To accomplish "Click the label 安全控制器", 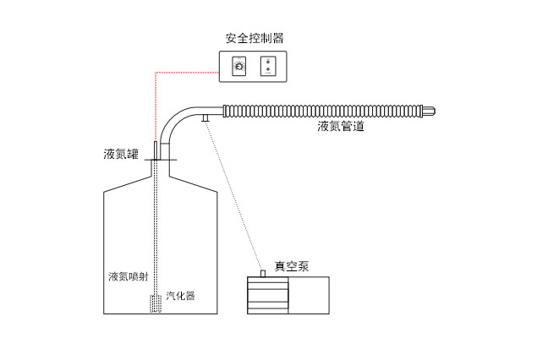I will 254,38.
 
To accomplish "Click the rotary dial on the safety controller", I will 239,66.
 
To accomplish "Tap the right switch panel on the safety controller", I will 268,66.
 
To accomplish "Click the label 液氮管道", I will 341,127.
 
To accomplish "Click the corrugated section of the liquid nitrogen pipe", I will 321,110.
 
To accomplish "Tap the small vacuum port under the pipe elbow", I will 205,119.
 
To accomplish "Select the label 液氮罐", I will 116,155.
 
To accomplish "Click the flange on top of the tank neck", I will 161,160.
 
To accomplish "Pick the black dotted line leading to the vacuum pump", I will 233,194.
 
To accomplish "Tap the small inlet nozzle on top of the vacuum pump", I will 262,273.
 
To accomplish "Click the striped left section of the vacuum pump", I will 268,295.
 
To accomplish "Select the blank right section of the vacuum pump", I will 309,295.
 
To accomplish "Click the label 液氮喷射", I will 129,277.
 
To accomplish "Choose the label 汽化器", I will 180,296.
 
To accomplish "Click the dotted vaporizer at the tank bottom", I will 156,303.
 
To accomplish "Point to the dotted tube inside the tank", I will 157,228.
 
